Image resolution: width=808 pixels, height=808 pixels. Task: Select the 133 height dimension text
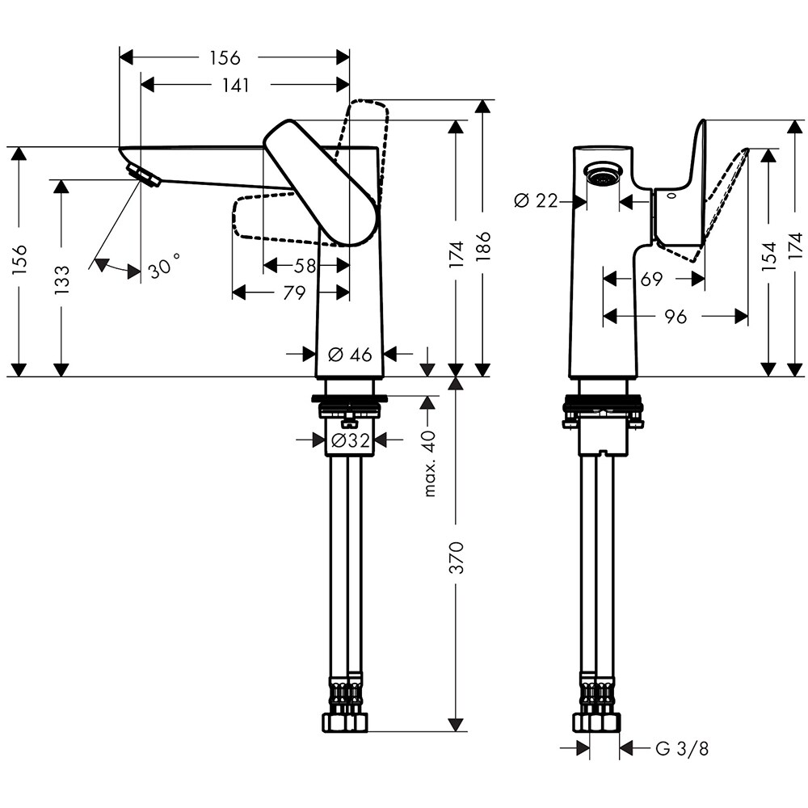(x=62, y=279)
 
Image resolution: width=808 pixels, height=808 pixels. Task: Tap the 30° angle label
(x=164, y=267)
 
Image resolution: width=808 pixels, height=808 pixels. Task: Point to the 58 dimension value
(x=305, y=265)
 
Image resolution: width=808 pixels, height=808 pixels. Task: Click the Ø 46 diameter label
(x=349, y=354)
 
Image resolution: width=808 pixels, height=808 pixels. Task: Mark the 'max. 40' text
(x=429, y=464)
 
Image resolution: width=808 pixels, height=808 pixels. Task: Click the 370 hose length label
(x=457, y=558)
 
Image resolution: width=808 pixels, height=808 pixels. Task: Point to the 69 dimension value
(x=651, y=280)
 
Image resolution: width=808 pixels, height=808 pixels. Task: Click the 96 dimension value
(x=676, y=318)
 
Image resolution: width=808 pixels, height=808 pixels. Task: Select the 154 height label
(x=768, y=255)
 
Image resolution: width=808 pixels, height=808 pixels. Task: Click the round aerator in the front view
(x=602, y=175)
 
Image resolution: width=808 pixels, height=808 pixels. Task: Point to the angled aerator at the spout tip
(x=144, y=173)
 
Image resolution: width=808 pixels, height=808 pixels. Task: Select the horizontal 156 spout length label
(x=225, y=58)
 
